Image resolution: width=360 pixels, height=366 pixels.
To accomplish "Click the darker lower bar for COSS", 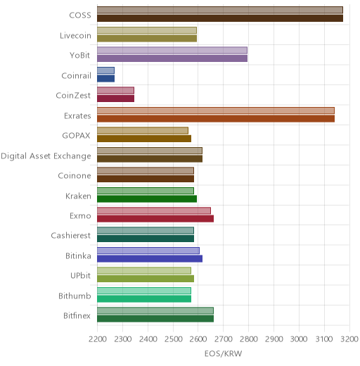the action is coord(220,18).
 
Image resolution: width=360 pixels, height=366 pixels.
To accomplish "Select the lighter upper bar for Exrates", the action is coord(216,111).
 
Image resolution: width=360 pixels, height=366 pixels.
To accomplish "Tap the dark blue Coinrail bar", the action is coord(106,79).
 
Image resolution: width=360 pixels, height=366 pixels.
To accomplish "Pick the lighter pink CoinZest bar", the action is coord(116,91).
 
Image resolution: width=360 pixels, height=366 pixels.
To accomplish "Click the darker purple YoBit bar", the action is coord(172,58).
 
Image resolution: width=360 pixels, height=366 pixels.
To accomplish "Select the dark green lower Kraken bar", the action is coord(147,199).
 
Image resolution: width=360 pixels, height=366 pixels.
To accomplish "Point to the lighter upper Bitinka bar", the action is coord(148,251).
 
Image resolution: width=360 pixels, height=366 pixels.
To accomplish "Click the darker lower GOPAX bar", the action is coord(144,139).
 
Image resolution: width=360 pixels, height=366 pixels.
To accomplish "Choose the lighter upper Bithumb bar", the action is coord(144,291).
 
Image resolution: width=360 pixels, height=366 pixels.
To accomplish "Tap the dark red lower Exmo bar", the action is coord(155,219).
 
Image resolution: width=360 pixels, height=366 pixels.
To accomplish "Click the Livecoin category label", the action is coord(75,35).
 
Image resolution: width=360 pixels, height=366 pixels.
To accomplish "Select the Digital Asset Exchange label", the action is coord(46,156).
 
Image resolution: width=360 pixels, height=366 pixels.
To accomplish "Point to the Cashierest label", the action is coord(71,235).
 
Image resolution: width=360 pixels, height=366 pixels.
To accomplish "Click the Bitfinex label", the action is coord(77,315).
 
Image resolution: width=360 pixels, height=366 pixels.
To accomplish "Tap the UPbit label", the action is coord(81,275).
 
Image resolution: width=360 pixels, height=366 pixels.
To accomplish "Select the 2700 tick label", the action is coord(224,339).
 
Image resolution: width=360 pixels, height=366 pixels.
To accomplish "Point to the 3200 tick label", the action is coord(349,339).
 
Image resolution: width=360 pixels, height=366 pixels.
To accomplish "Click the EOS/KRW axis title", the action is coord(223,353).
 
